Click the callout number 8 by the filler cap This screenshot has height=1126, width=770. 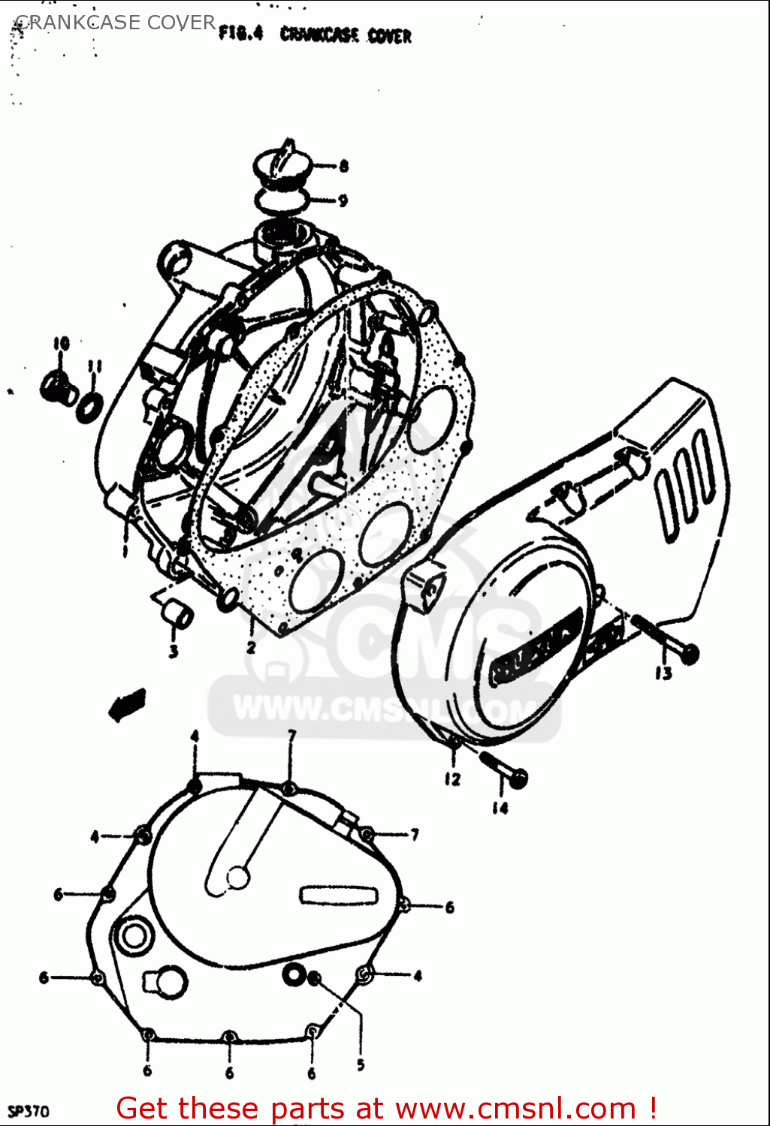coord(343,166)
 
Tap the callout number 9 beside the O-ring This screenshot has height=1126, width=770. coord(343,200)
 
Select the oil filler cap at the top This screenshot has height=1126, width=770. coord(280,164)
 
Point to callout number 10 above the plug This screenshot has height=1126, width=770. coord(61,344)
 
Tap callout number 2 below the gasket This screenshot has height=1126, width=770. coord(251,646)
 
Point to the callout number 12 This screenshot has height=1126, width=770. coord(451,779)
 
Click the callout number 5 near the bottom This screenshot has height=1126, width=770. coord(361,1064)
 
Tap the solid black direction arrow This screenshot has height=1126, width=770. coord(125,703)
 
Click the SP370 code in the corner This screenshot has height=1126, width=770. coord(28,1110)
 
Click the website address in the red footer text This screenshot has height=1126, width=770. coord(515,1108)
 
